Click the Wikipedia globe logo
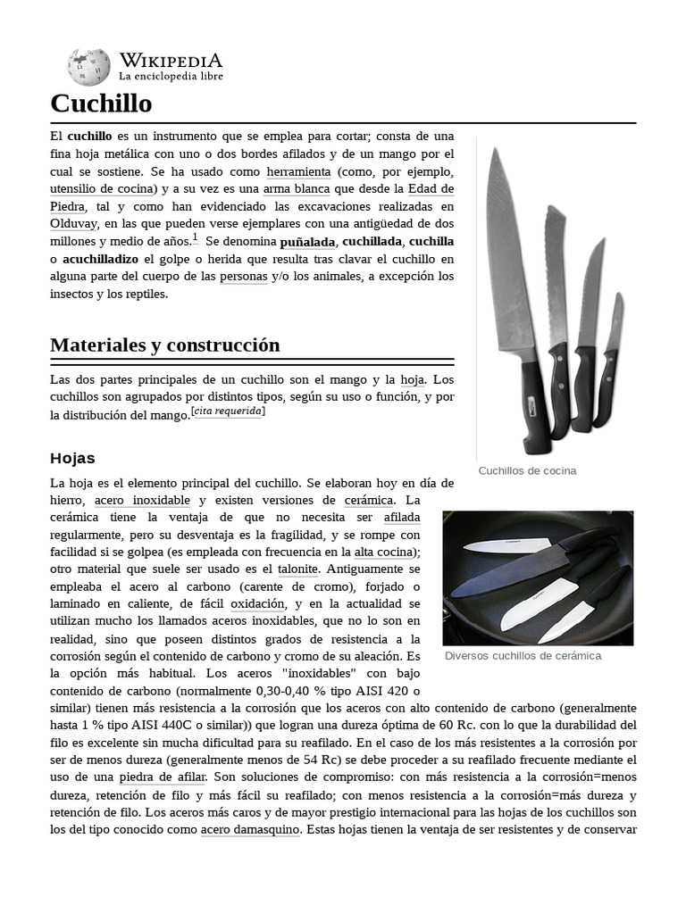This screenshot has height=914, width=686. pos(88,67)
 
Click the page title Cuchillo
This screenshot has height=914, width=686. pos(101,104)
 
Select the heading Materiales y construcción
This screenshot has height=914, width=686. pos(165,345)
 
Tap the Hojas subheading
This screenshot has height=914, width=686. pos(72,458)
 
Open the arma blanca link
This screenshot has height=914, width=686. pos(297,188)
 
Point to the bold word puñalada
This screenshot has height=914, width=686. pos(307,242)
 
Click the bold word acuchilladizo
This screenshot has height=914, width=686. pos(100,259)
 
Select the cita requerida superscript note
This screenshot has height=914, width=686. pos(229,411)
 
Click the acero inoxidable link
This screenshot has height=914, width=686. pos(142,500)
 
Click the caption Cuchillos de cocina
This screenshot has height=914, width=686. pos(527,470)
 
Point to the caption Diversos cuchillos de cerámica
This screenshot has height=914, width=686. pos(523,655)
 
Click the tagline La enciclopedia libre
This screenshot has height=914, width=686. pos(171,77)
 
